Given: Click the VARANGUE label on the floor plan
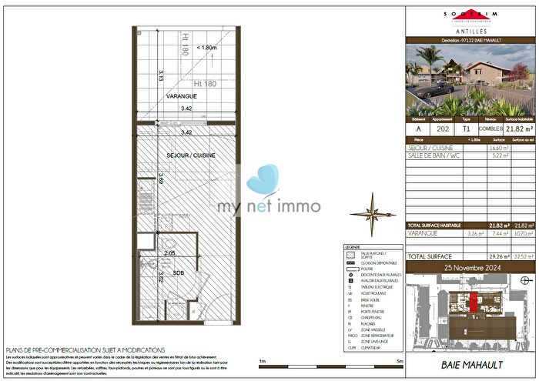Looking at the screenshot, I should (182, 96).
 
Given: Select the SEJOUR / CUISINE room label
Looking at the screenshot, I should (190, 155).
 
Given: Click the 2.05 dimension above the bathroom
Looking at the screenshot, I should (169, 252).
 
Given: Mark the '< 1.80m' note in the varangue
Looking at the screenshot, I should (206, 48).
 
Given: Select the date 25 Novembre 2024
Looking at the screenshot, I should (470, 266).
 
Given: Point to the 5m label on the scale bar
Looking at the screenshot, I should (400, 361).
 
